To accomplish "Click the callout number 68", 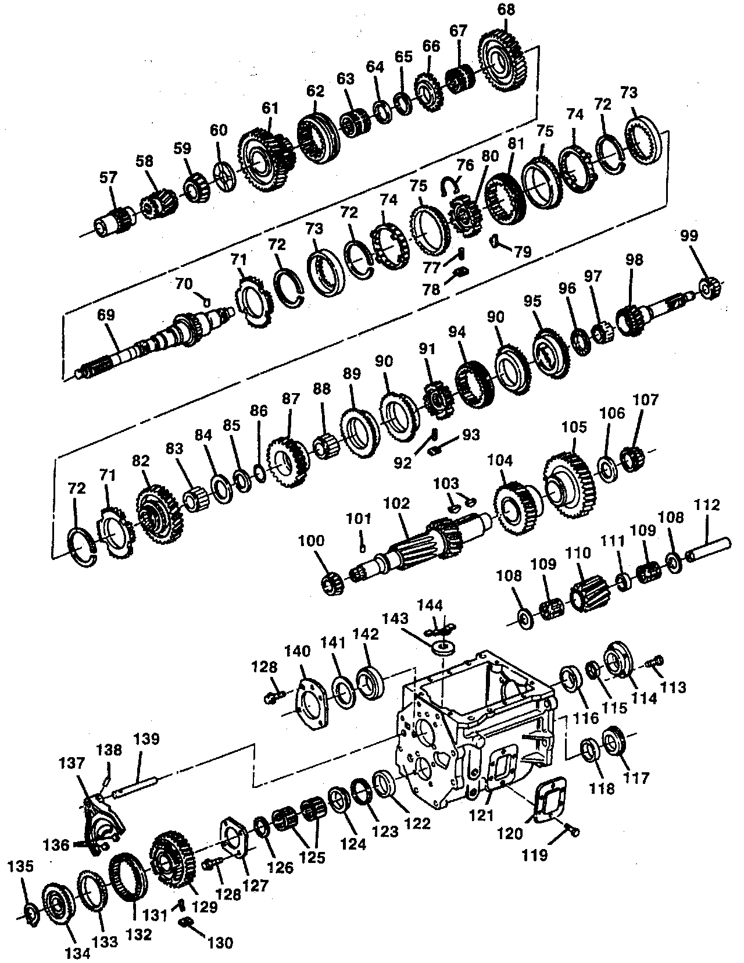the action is (506, 10).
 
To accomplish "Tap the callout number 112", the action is (706, 505).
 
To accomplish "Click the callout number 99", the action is (690, 236).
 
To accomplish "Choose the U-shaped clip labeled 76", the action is (450, 185).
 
